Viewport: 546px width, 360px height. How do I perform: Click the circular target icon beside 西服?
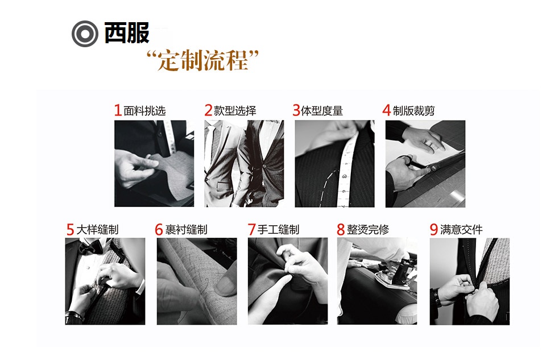[85, 34]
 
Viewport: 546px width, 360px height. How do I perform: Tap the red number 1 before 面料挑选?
[118, 110]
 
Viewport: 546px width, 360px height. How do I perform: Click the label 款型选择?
[235, 111]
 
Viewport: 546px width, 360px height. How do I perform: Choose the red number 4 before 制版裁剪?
[387, 110]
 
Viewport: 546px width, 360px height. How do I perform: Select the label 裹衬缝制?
[186, 230]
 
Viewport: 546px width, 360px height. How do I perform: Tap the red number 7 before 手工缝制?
[251, 230]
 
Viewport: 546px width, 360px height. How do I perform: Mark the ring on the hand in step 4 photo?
[430, 146]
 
